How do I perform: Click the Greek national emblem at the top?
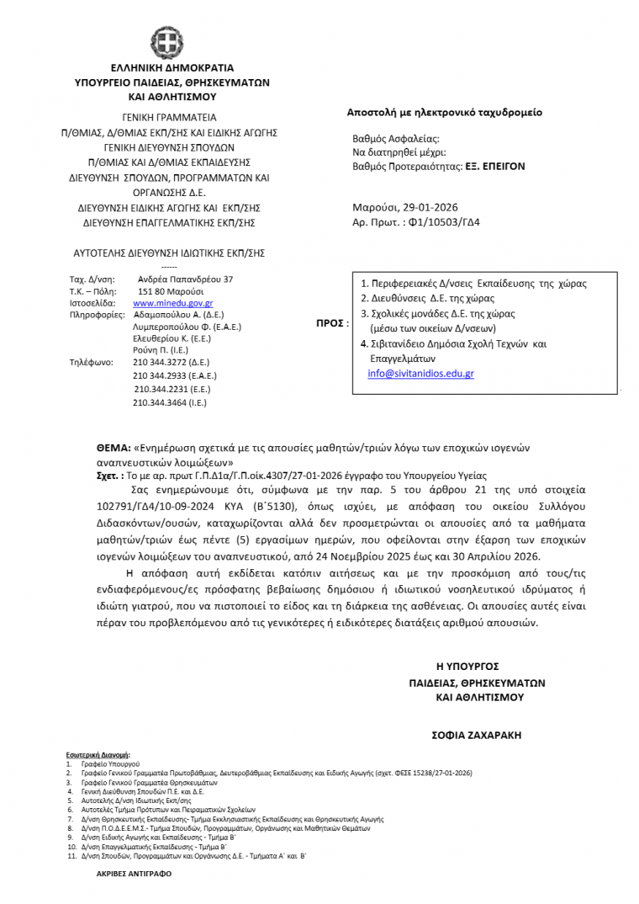coord(166,43)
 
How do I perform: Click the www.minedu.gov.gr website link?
coord(172,303)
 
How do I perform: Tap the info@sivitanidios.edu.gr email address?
coord(420,374)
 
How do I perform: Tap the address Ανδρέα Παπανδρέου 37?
coord(185,279)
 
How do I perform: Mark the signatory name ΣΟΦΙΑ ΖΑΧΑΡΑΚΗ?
coord(477,735)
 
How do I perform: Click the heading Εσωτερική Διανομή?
coord(104,755)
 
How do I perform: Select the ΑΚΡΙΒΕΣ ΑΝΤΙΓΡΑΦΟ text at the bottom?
coord(134,874)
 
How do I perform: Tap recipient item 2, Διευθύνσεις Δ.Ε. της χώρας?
coord(433,299)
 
